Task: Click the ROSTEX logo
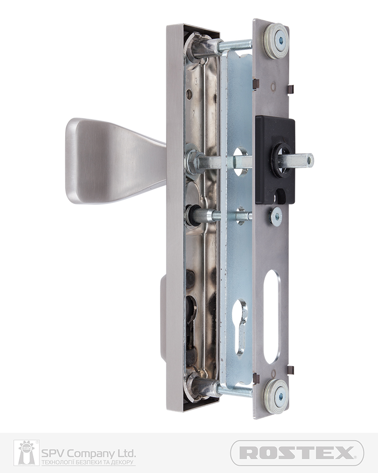click(297, 453)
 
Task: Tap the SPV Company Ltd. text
click(88, 453)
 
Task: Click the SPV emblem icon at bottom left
click(26, 453)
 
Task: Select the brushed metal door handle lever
click(116, 161)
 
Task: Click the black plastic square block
click(275, 160)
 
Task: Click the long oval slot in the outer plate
click(272, 317)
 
